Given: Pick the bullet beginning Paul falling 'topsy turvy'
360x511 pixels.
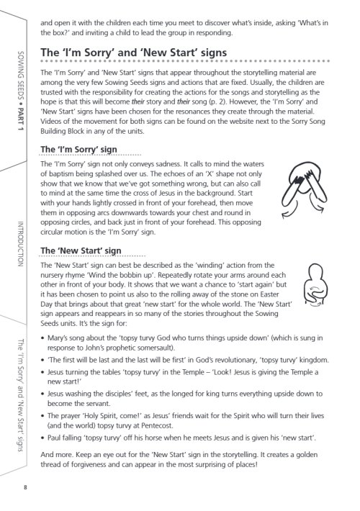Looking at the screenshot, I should [180, 438].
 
